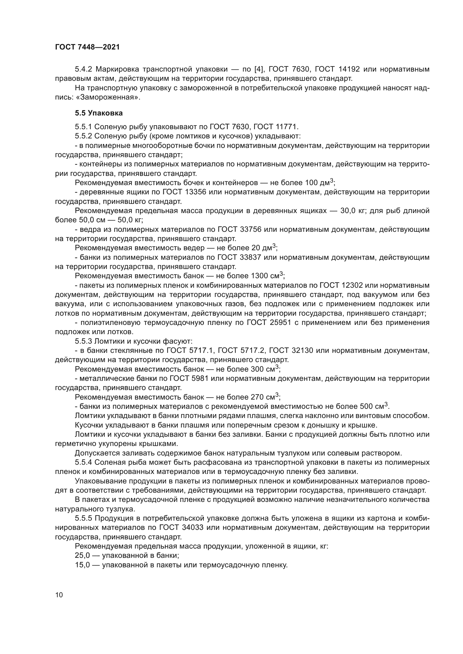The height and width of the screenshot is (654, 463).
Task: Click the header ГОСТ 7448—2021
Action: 87,47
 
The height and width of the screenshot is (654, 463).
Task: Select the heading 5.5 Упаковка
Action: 99,113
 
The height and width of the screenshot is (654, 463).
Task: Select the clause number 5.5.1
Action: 83,127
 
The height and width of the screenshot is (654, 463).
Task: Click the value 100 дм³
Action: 319,182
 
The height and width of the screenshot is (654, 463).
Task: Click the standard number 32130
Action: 303,350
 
